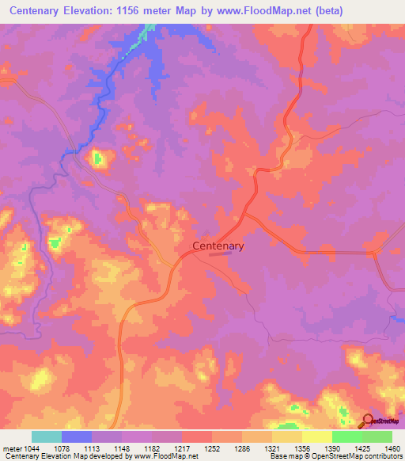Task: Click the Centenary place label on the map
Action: (x=218, y=246)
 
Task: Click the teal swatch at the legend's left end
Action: (x=47, y=436)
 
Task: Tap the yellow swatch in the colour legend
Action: (x=316, y=436)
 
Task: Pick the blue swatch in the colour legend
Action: (x=77, y=436)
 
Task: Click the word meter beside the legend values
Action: (x=12, y=448)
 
